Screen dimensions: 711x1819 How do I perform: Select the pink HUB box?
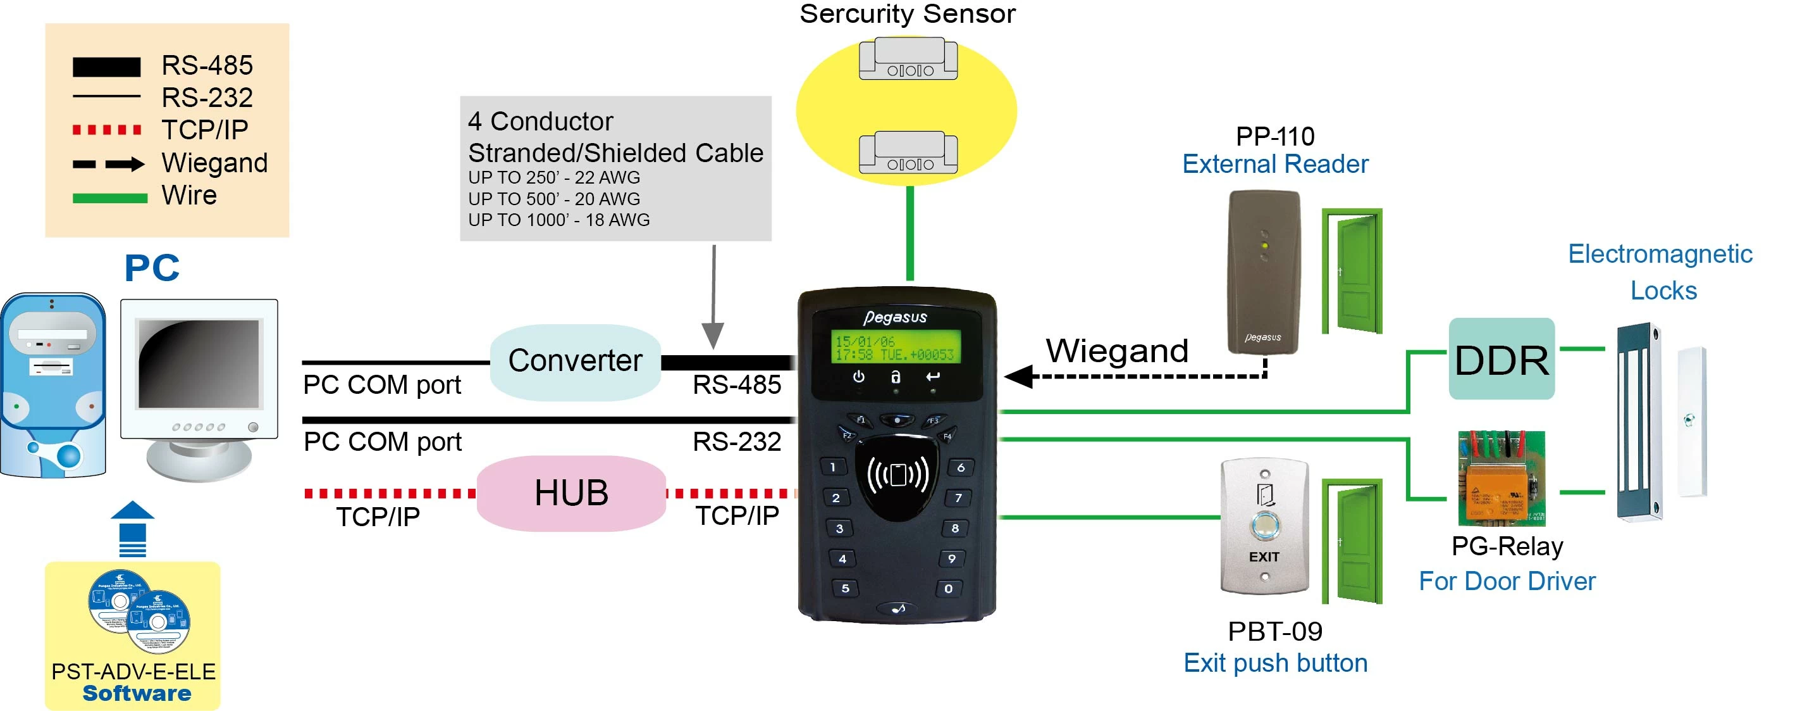(571, 493)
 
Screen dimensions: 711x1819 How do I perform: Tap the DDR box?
(1501, 359)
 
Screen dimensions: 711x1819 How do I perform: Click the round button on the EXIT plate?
(1263, 525)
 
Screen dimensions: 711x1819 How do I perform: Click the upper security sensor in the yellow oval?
(908, 60)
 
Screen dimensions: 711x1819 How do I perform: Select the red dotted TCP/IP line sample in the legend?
(108, 130)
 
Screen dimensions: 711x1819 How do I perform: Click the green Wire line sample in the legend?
(109, 199)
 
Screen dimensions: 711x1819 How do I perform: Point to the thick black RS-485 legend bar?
(107, 67)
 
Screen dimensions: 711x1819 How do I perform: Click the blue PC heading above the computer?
(152, 268)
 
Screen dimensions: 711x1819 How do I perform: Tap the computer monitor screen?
(199, 363)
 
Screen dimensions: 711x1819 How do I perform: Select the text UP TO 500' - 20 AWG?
(553, 199)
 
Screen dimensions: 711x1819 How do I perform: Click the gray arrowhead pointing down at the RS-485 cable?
(713, 335)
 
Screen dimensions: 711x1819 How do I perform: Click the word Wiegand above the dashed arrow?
(1117, 351)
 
